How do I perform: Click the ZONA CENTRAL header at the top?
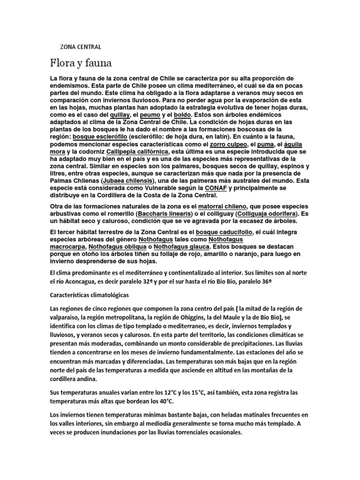pyautogui.click(x=81, y=47)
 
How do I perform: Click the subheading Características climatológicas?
pyautogui.click(x=92, y=296)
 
